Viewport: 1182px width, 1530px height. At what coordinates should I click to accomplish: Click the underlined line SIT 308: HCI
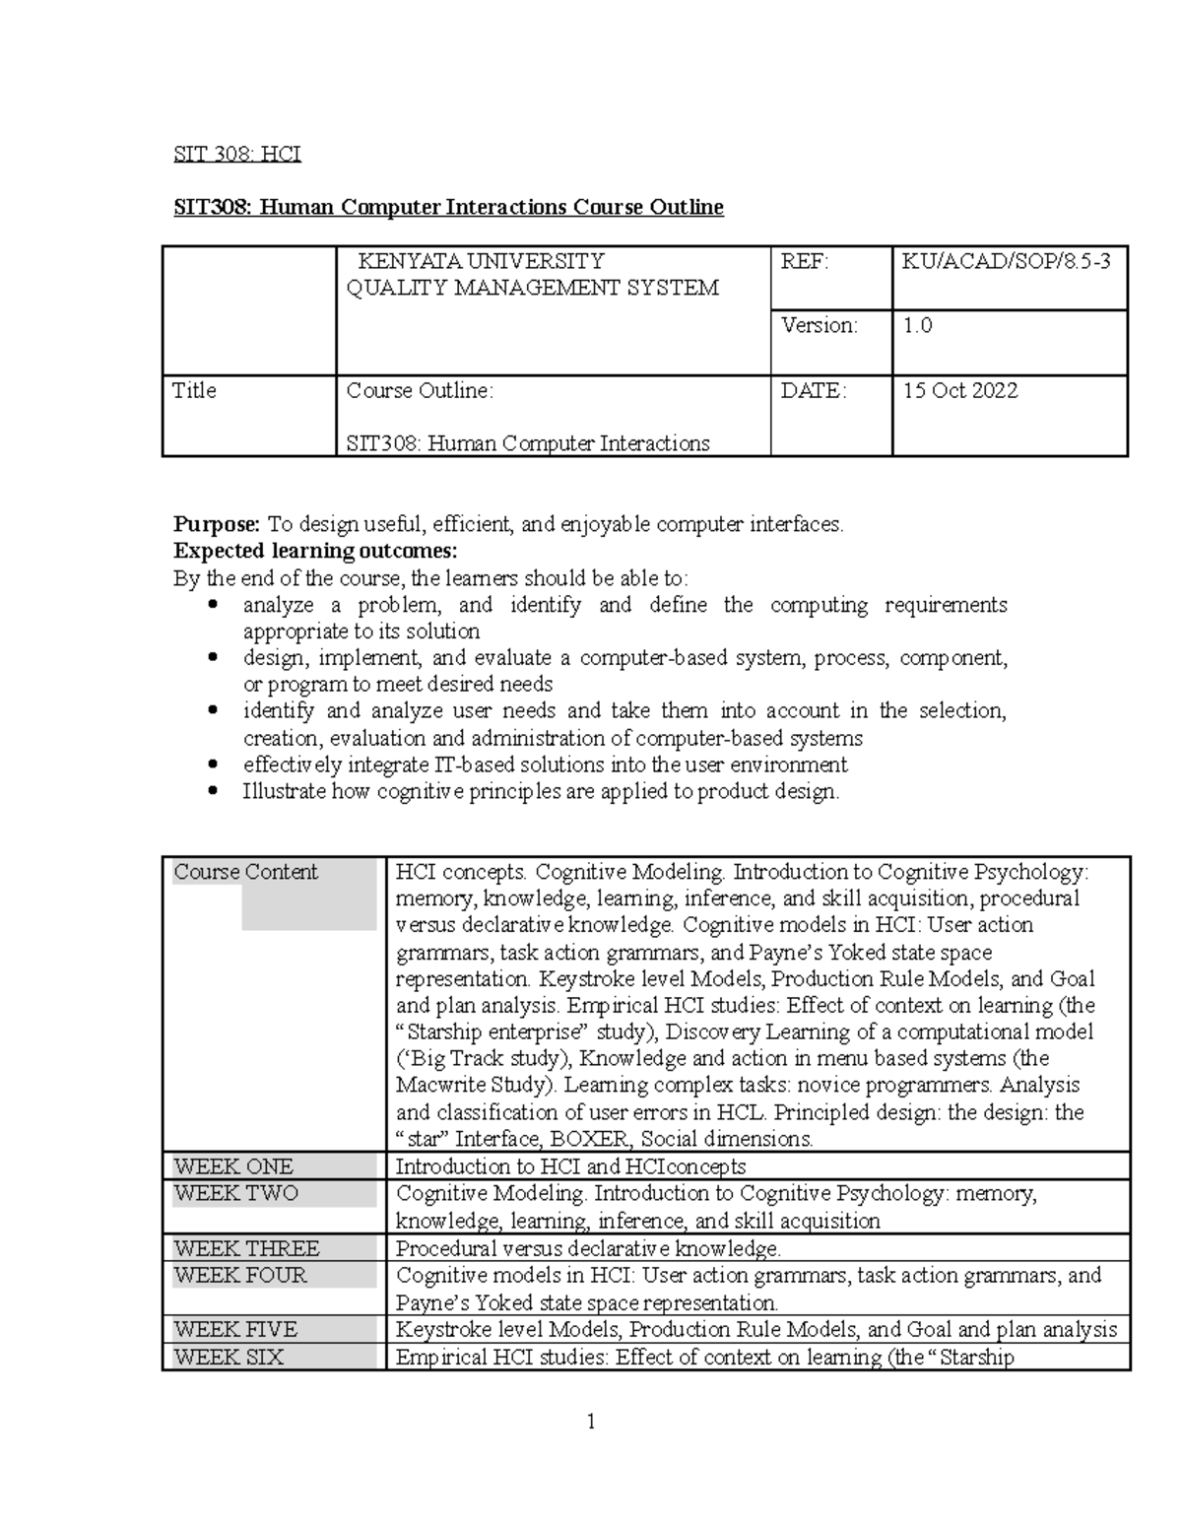point(237,154)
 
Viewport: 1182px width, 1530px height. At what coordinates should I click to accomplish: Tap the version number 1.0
point(917,325)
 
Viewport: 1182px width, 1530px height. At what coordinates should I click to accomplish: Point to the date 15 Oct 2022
point(960,390)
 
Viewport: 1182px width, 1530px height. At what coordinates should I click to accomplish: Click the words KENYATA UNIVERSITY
point(481,261)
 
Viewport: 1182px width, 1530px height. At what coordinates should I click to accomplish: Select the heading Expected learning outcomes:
point(315,551)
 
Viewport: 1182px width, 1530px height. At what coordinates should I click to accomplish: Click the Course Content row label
point(246,872)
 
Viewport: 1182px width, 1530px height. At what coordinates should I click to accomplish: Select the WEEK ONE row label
point(233,1166)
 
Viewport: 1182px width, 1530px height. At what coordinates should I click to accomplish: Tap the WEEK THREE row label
point(247,1248)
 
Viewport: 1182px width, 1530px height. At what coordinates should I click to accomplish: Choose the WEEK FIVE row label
point(235,1329)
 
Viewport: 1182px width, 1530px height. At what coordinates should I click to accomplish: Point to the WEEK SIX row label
point(229,1357)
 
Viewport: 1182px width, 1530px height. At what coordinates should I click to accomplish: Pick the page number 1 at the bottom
point(591,1421)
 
